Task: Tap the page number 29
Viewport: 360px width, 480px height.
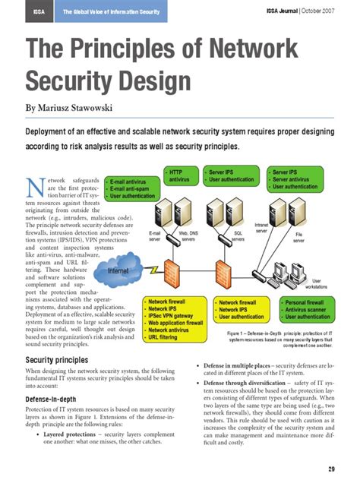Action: pos(331,466)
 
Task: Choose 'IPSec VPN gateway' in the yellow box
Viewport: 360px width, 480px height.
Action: pos(169,315)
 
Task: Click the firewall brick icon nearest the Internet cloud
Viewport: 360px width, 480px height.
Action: pos(170,268)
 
